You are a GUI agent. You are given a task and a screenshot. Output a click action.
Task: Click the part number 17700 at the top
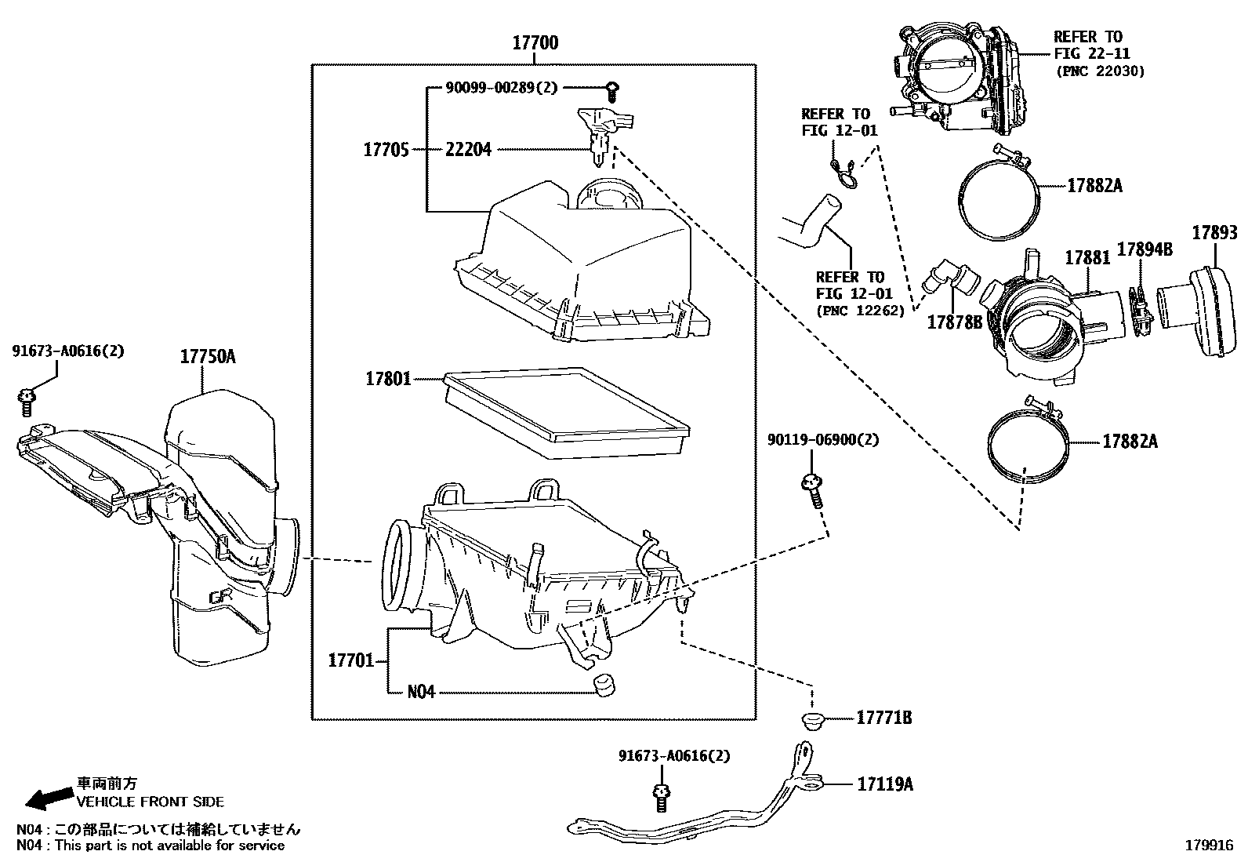tap(535, 42)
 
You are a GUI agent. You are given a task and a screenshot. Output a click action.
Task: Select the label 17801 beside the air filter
tap(388, 379)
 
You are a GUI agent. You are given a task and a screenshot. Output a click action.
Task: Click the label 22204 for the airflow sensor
tap(468, 149)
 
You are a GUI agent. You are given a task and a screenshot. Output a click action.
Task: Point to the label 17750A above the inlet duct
tap(208, 357)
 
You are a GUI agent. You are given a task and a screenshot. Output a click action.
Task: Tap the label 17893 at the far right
tap(1214, 232)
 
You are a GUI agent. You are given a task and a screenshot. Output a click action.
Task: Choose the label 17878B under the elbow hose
tap(954, 322)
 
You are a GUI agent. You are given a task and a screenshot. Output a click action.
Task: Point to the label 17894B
tap(1144, 249)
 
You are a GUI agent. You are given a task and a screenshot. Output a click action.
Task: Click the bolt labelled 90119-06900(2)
tap(811, 490)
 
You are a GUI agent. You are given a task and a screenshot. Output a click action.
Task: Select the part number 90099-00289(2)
tap(502, 88)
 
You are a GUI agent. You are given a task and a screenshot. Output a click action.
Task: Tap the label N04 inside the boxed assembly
tap(421, 693)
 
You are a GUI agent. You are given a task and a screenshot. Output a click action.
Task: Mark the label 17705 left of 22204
tap(386, 149)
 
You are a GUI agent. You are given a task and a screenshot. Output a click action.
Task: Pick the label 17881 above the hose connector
tap(1087, 257)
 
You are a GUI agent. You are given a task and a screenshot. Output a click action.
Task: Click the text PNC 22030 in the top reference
tap(1100, 71)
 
